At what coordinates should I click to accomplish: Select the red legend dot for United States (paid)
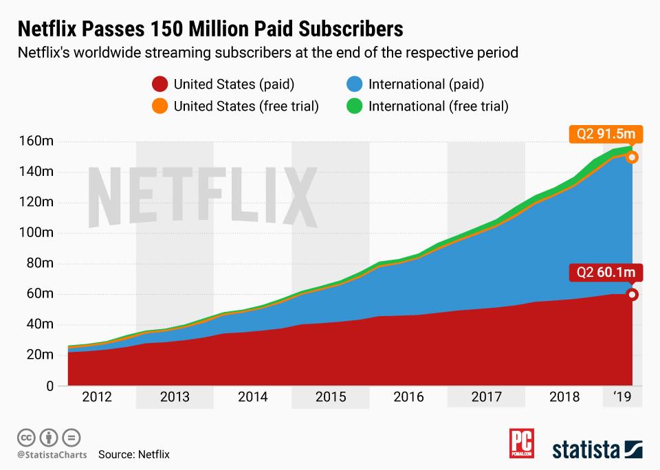tap(159, 85)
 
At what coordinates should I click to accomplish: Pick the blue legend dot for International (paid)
tap(355, 85)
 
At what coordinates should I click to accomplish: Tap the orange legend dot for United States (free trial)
tap(159, 107)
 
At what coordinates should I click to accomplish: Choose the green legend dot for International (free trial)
tap(355, 107)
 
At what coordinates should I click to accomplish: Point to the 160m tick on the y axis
tap(36, 142)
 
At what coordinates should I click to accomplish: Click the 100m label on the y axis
tap(36, 233)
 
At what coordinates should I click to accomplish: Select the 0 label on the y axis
tap(49, 386)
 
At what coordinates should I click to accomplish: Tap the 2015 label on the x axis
tap(330, 398)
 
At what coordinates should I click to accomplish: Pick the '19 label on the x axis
tap(622, 398)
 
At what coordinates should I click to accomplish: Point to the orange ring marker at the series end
tap(632, 157)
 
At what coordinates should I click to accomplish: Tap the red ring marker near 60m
tap(632, 295)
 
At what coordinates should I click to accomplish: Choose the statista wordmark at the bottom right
tap(597, 449)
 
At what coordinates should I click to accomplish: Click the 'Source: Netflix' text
tap(133, 454)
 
